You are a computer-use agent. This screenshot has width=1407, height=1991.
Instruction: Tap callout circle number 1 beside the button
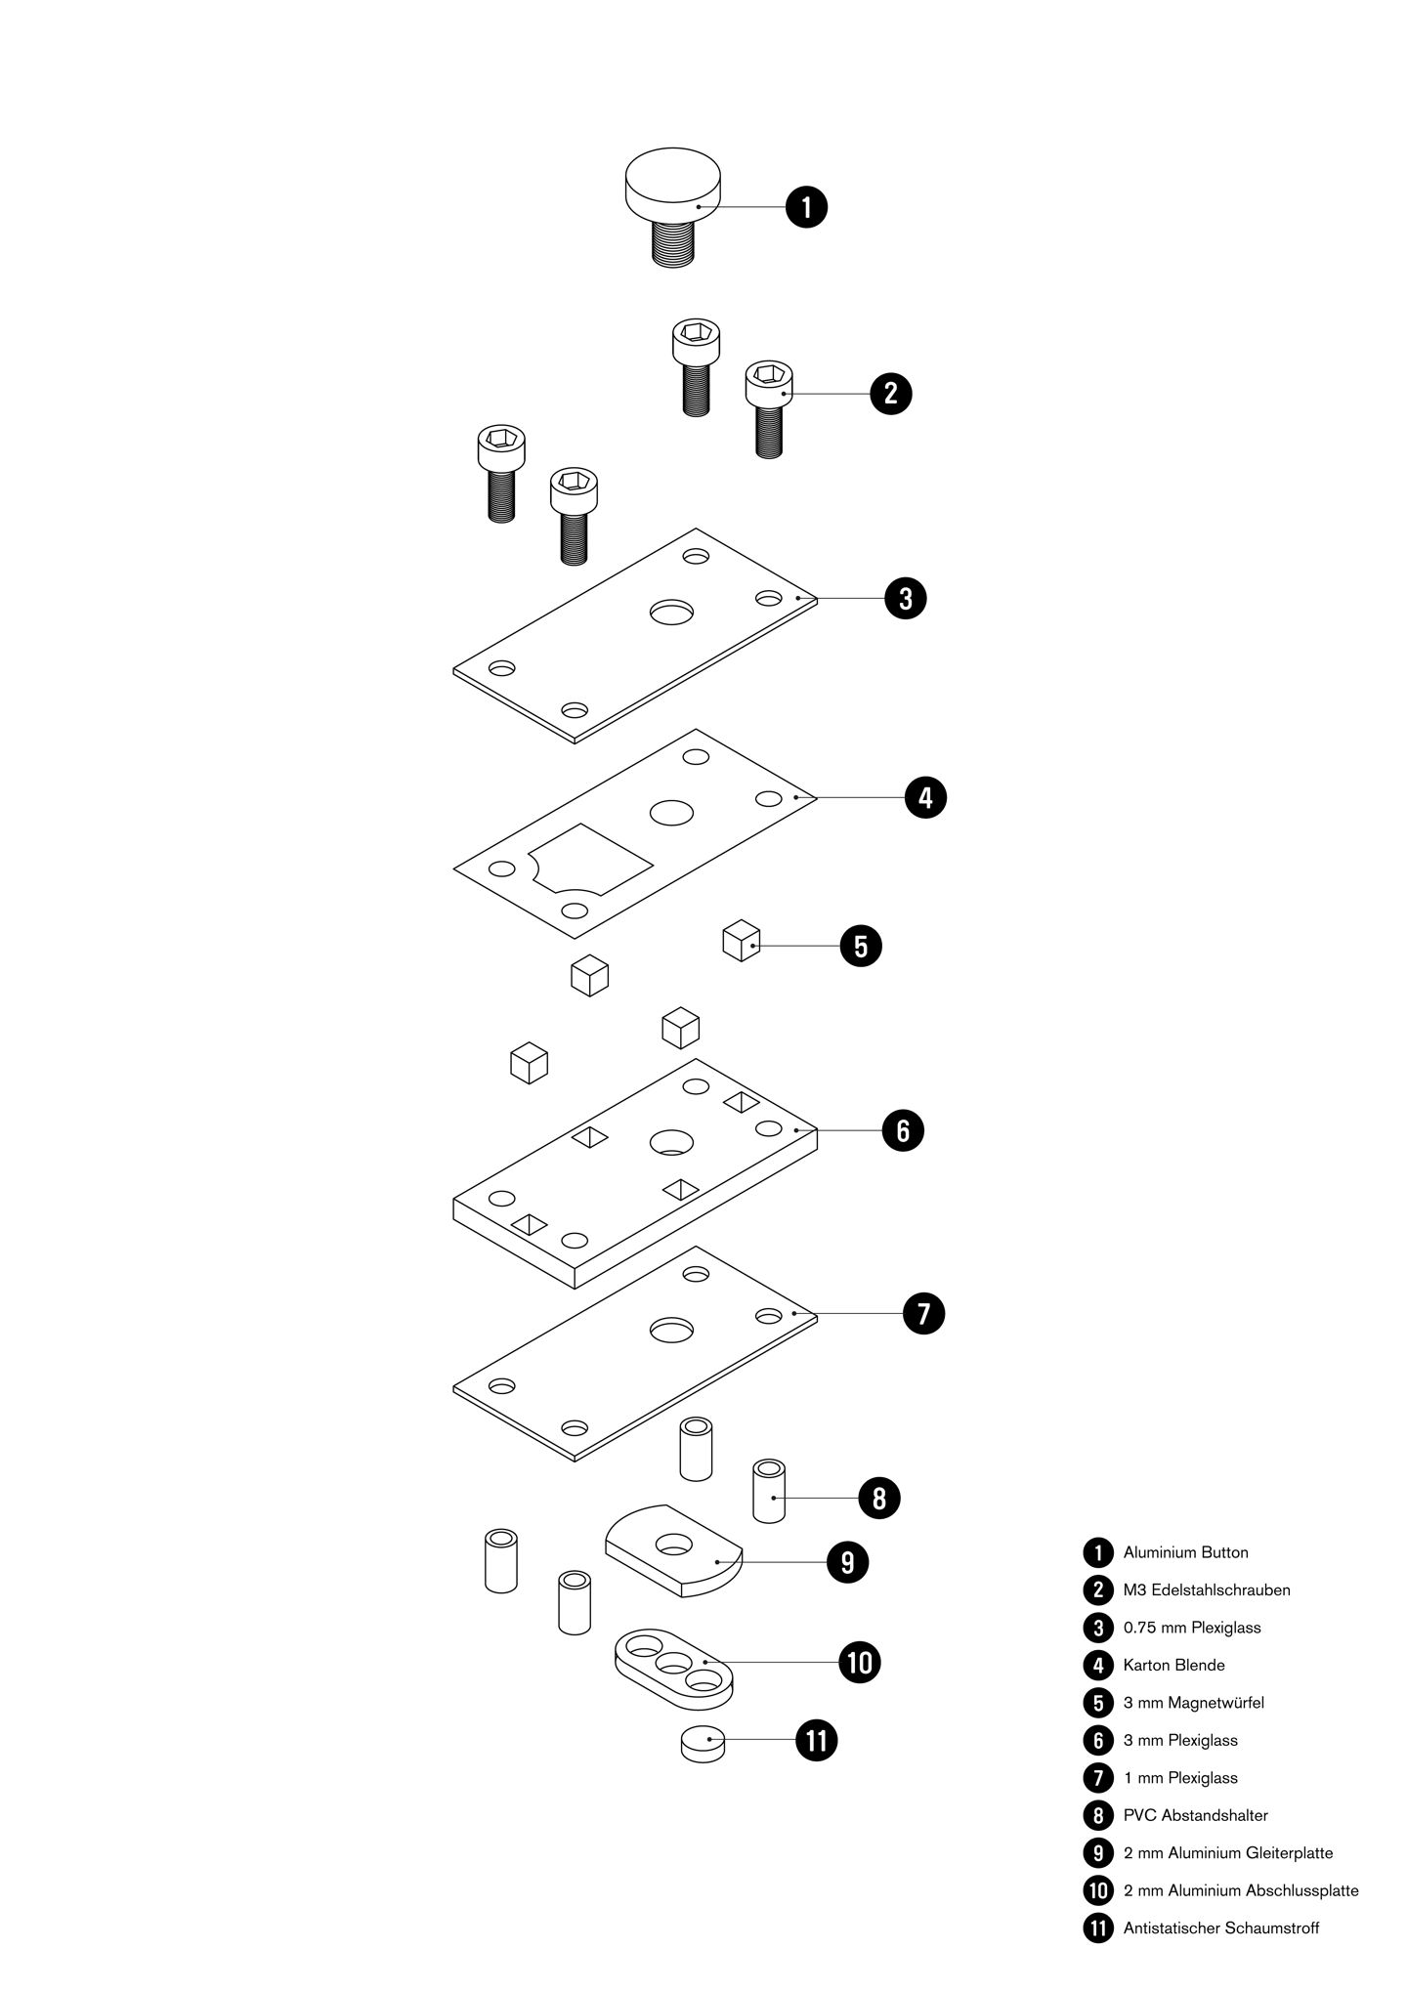point(807,207)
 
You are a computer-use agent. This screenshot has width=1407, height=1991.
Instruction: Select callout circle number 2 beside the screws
point(891,394)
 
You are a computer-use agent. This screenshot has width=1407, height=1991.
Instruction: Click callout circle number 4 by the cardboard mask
point(925,797)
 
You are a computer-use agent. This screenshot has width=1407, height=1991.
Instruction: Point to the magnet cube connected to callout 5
point(741,940)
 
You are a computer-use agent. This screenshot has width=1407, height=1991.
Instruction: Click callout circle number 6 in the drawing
point(902,1130)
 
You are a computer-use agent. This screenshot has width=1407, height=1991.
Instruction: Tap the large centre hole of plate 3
point(671,613)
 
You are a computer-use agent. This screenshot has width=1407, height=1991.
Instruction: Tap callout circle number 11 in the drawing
point(817,1740)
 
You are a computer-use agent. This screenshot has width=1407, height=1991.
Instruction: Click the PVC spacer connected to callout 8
point(769,1491)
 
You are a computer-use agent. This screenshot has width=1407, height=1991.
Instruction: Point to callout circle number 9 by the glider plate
point(847,1562)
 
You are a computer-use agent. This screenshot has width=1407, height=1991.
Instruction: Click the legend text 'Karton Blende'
point(1173,1665)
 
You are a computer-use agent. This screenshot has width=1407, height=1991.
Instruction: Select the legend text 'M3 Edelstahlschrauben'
point(1207,1589)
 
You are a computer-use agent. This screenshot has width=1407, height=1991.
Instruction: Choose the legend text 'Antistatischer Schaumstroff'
point(1221,1928)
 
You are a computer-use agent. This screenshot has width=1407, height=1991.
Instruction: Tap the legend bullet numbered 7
point(1098,1778)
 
